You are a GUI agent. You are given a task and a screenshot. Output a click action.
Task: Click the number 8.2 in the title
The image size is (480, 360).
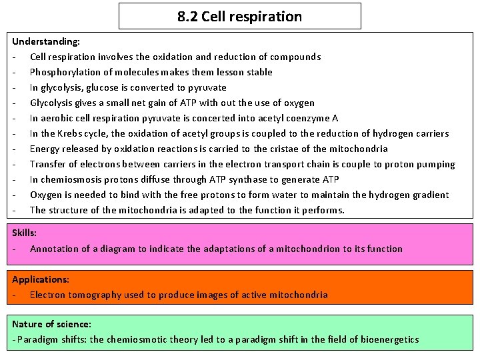(x=187, y=17)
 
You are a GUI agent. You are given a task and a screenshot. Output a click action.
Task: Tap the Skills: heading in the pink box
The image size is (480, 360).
(x=25, y=233)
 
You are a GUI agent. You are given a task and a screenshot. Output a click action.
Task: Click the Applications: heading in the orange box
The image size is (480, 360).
(x=41, y=279)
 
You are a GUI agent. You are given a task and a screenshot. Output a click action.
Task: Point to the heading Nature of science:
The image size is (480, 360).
(x=51, y=324)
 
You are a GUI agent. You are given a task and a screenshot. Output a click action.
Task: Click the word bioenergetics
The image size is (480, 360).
(x=389, y=339)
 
